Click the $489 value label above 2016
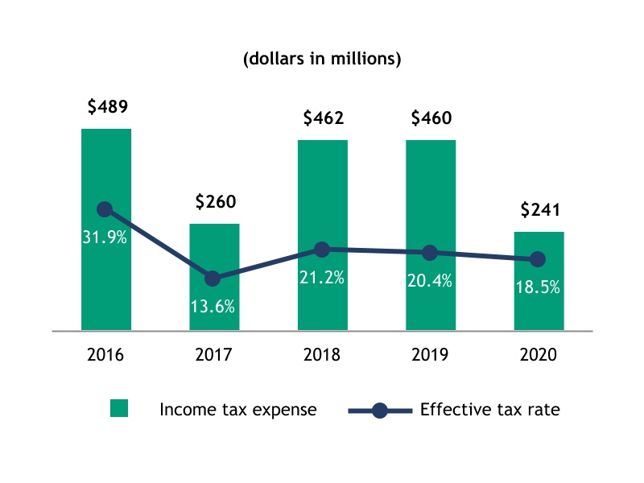tap(106, 106)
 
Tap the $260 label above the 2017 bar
tap(215, 201)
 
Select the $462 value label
tap(323, 118)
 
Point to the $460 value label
tap(431, 118)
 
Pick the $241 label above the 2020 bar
tap(539, 210)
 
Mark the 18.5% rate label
tap(538, 287)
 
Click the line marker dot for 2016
tap(105, 209)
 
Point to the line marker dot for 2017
tap(213, 279)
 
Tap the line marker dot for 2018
tap(321, 250)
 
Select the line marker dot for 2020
tap(538, 259)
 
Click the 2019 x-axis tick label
tap(430, 354)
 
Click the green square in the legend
tap(119, 410)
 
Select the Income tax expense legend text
tap(238, 410)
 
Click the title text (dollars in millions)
tap(322, 60)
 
